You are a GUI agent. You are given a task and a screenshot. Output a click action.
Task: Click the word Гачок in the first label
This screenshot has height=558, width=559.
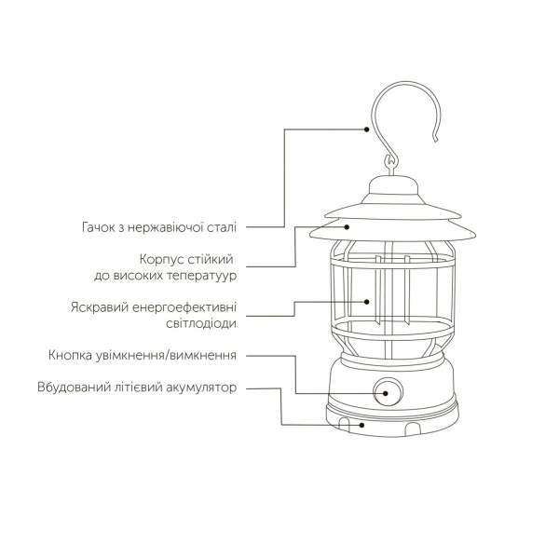point(98,226)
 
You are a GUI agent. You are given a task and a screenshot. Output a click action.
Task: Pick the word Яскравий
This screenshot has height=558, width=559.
point(97,306)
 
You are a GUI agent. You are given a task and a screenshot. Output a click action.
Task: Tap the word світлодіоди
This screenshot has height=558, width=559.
point(194,324)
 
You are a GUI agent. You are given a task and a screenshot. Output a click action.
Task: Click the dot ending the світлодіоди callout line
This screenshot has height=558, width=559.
point(368,302)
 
